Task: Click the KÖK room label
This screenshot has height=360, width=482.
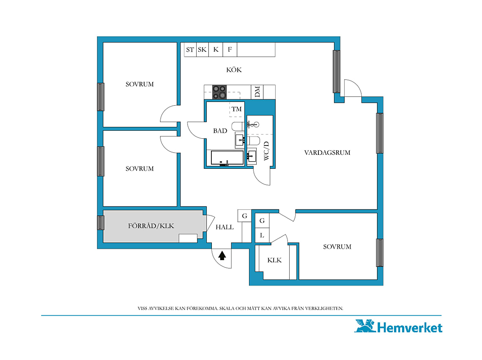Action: click(234, 70)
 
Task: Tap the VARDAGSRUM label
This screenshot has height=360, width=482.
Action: click(327, 153)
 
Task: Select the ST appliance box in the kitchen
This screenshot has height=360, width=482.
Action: click(190, 49)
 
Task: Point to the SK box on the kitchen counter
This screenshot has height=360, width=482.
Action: click(202, 49)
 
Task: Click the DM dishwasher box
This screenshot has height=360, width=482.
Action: click(257, 92)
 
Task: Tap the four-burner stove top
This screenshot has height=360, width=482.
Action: click(219, 92)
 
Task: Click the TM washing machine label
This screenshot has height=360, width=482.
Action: click(237, 109)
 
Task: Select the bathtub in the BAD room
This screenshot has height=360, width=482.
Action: click(227, 158)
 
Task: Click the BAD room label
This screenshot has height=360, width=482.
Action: click(220, 131)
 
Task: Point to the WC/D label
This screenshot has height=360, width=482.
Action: click(266, 151)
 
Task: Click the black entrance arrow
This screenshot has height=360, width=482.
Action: click(222, 256)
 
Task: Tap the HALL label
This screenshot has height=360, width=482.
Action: click(225, 227)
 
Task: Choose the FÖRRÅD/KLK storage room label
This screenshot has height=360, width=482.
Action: click(151, 226)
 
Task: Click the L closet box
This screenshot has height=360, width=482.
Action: click(262, 235)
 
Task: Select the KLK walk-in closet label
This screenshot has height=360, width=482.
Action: click(274, 260)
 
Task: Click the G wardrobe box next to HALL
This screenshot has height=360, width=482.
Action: click(245, 216)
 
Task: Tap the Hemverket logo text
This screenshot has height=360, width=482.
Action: click(410, 328)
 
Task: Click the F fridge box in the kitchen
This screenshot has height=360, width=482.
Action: click(230, 49)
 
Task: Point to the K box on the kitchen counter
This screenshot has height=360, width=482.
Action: click(216, 49)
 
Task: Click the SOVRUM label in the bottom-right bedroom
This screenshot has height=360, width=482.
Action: click(337, 247)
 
